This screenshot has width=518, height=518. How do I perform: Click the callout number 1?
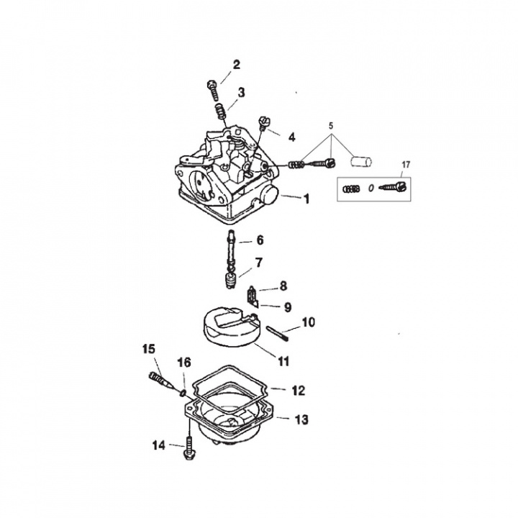[306, 199]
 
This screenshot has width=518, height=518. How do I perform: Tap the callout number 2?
[236, 65]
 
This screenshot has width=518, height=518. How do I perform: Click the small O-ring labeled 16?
[183, 392]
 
